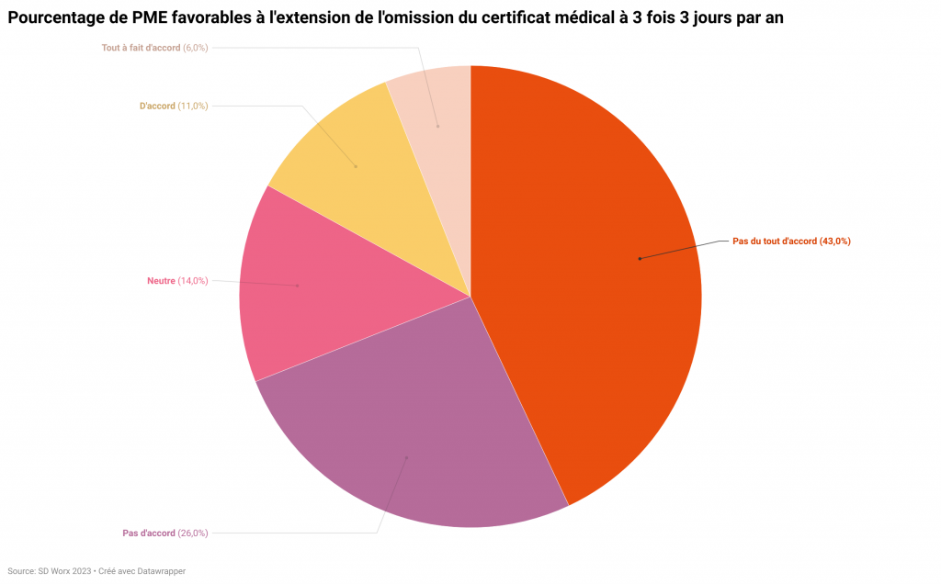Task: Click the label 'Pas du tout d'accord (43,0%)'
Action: click(791, 241)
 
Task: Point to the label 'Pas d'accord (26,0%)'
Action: click(165, 533)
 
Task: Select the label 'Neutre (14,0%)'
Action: click(177, 281)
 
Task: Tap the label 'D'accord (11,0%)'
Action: click(174, 106)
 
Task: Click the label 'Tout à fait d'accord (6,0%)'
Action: click(154, 47)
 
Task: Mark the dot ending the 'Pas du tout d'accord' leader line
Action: click(640, 259)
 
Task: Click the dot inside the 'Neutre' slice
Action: click(298, 286)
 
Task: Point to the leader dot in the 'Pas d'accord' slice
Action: click(406, 457)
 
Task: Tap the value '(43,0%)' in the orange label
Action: click(834, 241)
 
